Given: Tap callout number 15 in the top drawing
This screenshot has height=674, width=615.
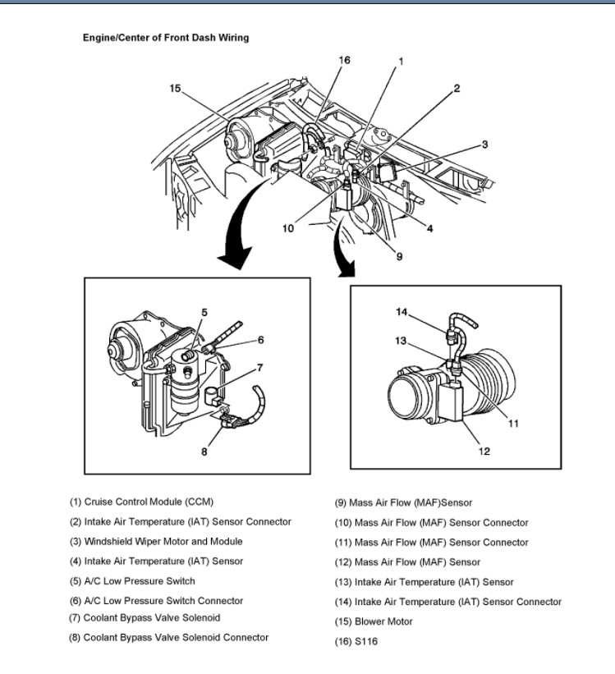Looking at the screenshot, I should (175, 88).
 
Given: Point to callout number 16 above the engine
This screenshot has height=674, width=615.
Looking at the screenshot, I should (345, 60).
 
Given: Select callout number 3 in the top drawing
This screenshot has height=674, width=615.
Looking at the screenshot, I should (484, 144).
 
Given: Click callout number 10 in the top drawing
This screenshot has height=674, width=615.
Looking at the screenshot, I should (288, 228).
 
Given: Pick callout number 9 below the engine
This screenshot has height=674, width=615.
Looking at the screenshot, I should (399, 255).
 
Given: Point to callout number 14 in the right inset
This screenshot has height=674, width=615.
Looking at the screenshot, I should (402, 311).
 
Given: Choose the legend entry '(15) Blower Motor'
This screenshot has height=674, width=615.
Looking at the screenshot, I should (374, 621).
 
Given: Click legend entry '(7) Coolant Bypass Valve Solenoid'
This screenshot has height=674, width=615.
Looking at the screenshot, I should (145, 617).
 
